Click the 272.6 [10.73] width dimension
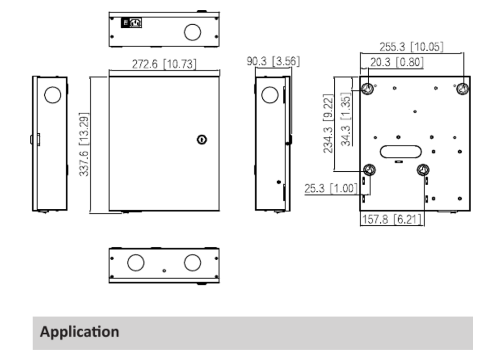[164, 64]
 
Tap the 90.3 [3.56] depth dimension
[273, 61]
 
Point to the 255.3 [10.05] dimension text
[411, 47]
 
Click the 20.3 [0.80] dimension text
[397, 62]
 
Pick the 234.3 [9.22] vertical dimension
[328, 123]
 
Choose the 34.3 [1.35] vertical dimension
[345, 119]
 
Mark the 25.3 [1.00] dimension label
[331, 188]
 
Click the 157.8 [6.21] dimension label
[391, 219]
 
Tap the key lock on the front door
[202, 139]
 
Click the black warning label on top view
[131, 23]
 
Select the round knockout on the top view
[192, 32]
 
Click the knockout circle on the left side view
[52, 95]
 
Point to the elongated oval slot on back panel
[401, 152]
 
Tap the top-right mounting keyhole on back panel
[462, 88]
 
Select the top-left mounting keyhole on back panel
[367, 88]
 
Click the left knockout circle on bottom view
[136, 263]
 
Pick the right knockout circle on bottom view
[192, 263]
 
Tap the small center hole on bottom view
[164, 271]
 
